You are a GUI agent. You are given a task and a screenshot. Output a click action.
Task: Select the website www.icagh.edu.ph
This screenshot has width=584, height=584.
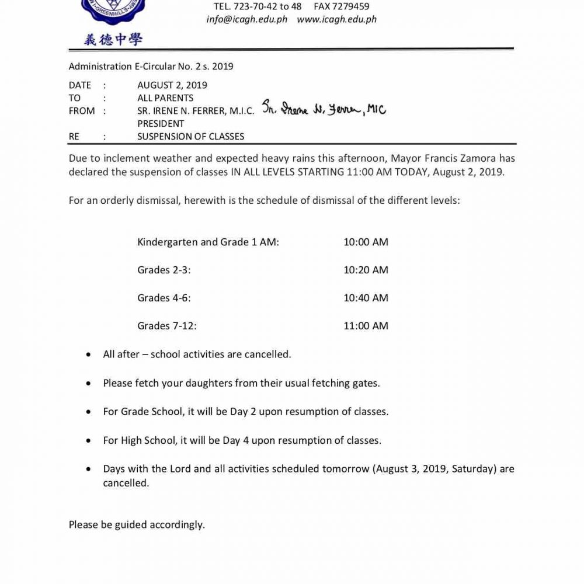(x=336, y=19)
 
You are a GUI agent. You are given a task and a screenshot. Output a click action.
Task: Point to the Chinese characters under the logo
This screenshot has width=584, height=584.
(x=113, y=40)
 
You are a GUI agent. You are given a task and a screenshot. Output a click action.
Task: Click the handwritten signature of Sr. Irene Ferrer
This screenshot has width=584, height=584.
(x=323, y=109)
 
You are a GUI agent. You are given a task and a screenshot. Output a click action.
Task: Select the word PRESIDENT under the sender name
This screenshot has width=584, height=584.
(x=161, y=124)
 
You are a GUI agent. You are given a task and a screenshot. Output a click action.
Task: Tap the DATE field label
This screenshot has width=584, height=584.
(x=80, y=85)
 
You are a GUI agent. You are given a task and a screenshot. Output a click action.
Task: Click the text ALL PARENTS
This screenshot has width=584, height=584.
(x=165, y=98)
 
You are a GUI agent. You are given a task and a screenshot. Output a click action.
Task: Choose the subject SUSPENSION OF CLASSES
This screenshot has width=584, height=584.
(x=191, y=137)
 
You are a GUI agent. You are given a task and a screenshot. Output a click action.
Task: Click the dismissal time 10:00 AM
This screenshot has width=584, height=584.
(x=366, y=242)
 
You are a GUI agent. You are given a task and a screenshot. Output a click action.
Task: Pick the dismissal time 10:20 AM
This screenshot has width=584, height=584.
(x=366, y=270)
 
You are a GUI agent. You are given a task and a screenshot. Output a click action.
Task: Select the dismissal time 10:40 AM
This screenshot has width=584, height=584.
(x=366, y=298)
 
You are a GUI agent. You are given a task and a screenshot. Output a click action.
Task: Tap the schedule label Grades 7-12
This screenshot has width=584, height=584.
(x=167, y=326)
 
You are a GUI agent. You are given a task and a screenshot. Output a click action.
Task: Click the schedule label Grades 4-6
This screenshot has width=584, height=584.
(x=164, y=298)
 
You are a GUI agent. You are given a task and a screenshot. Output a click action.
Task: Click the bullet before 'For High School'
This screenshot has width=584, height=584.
(x=88, y=441)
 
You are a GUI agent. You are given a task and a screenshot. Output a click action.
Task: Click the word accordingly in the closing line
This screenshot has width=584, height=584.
(x=177, y=524)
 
